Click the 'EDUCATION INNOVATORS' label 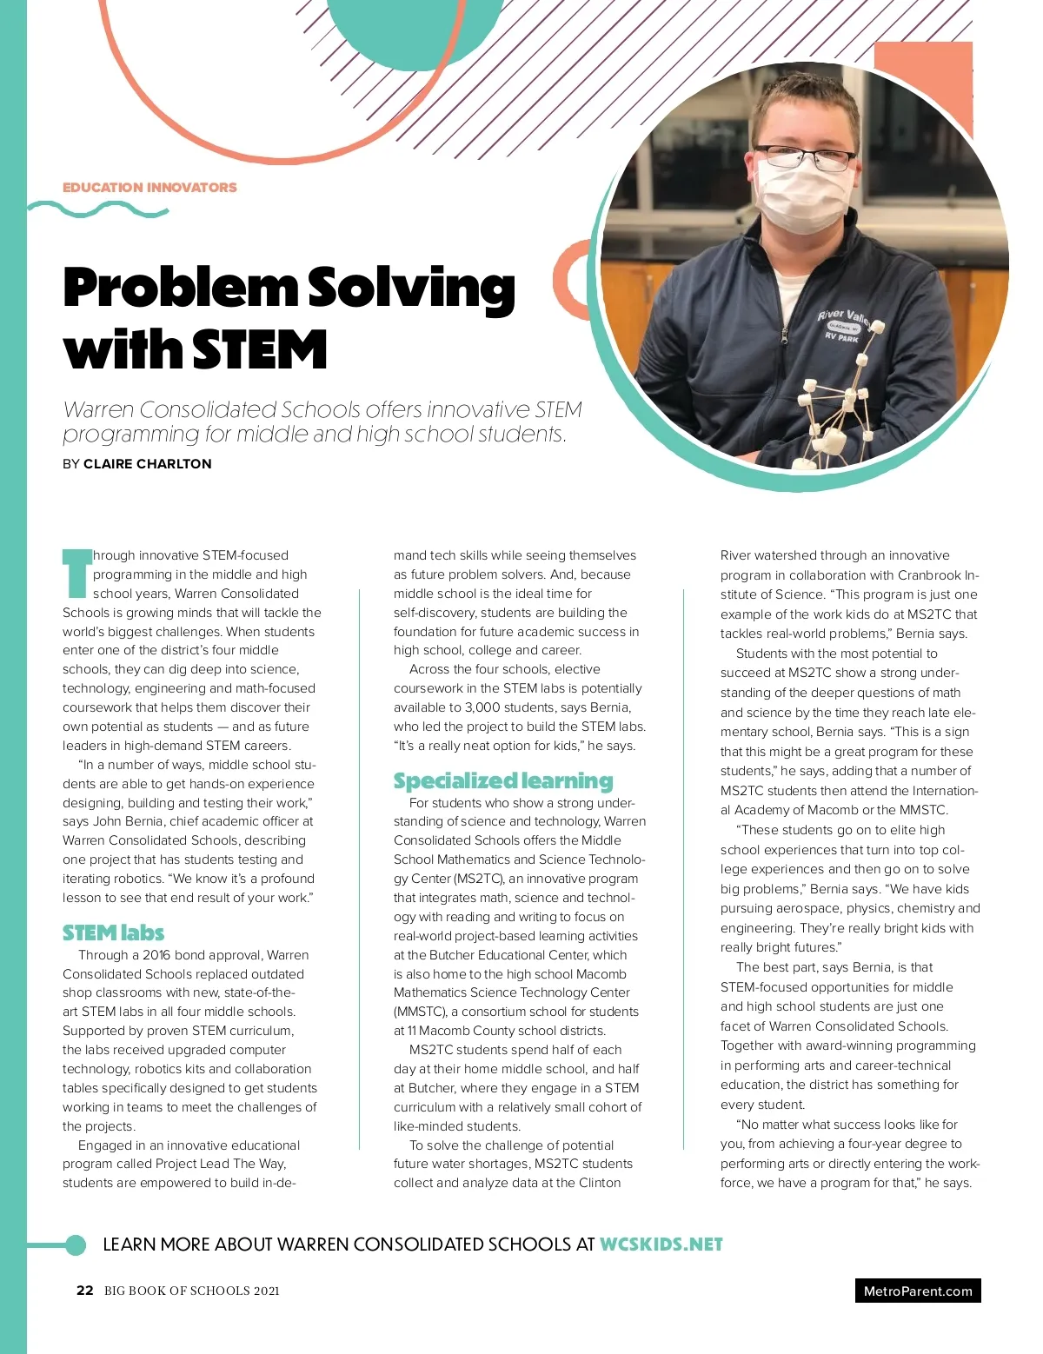pyautogui.click(x=149, y=187)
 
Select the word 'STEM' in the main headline pyautogui.click(x=259, y=350)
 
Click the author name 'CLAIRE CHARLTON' pyautogui.click(x=147, y=464)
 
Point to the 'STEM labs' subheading pyautogui.click(x=113, y=933)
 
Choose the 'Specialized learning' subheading pyautogui.click(x=502, y=780)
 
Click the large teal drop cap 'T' pyautogui.click(x=76, y=573)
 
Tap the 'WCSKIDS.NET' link pyautogui.click(x=661, y=1244)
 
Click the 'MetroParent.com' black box pyautogui.click(x=917, y=1291)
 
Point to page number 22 pyautogui.click(x=84, y=1291)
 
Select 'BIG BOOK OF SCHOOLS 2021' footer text pyautogui.click(x=191, y=1291)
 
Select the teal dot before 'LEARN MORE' pyautogui.click(x=76, y=1244)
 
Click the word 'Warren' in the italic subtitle pyautogui.click(x=97, y=410)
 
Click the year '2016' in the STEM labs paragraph pyautogui.click(x=156, y=955)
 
